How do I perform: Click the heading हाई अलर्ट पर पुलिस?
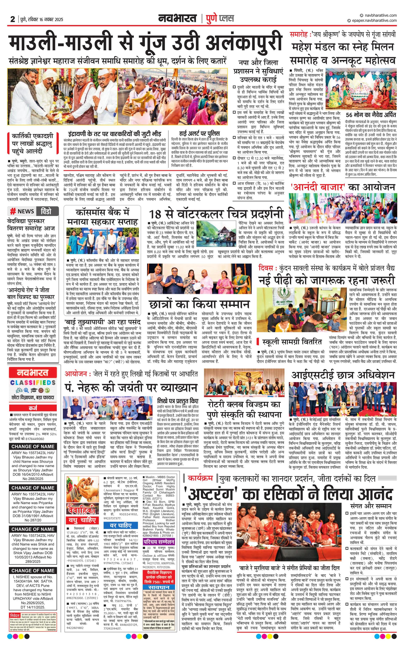[x=199, y=133]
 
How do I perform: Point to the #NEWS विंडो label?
[x=34, y=211]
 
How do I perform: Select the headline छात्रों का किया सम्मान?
[x=199, y=304]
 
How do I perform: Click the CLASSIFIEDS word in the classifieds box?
[x=33, y=382]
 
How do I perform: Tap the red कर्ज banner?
[x=33, y=408]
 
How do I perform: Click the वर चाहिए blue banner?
[x=121, y=525]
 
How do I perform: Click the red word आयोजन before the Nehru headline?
[x=76, y=374]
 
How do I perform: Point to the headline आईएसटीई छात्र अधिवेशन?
[x=343, y=375]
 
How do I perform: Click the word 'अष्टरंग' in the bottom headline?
[x=210, y=494]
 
